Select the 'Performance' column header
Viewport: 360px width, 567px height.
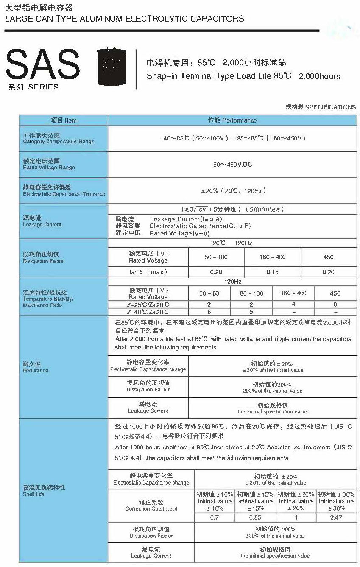point(232,120)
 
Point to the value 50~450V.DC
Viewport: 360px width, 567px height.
point(232,164)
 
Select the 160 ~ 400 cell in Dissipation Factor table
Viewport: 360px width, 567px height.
point(272,257)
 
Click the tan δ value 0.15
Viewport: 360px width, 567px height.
point(272,272)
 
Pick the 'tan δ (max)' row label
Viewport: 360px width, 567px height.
point(148,272)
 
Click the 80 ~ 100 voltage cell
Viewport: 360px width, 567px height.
point(251,293)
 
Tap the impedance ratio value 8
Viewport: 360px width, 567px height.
point(335,304)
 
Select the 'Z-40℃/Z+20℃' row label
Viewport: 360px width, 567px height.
point(148,312)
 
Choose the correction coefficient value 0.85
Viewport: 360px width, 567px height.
point(255,517)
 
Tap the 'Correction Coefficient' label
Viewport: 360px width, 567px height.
point(151,506)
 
